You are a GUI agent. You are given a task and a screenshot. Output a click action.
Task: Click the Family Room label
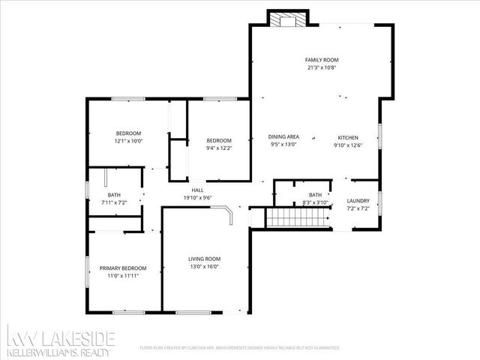[x=322, y=59]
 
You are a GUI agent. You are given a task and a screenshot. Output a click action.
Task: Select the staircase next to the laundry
[x=299, y=218]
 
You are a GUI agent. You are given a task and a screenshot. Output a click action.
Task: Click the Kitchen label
[x=347, y=137]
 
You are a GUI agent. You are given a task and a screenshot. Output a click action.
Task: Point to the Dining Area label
[x=283, y=136]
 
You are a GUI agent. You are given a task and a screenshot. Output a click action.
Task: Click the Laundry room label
[x=357, y=200]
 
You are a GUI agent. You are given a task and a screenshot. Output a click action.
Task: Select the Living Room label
[x=204, y=259]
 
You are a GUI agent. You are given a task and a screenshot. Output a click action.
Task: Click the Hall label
[x=198, y=190]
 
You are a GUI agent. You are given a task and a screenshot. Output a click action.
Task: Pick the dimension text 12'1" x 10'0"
[x=128, y=140]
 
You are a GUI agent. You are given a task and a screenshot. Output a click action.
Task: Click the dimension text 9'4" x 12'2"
[x=219, y=148]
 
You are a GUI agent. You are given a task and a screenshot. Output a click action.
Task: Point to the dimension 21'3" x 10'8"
[x=322, y=67]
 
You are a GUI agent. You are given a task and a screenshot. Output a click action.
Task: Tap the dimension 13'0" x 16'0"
[x=204, y=266]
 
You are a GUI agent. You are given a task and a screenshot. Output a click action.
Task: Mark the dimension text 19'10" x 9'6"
[x=198, y=198]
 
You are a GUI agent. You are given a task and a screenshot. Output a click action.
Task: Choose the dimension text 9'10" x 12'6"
[x=347, y=145]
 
